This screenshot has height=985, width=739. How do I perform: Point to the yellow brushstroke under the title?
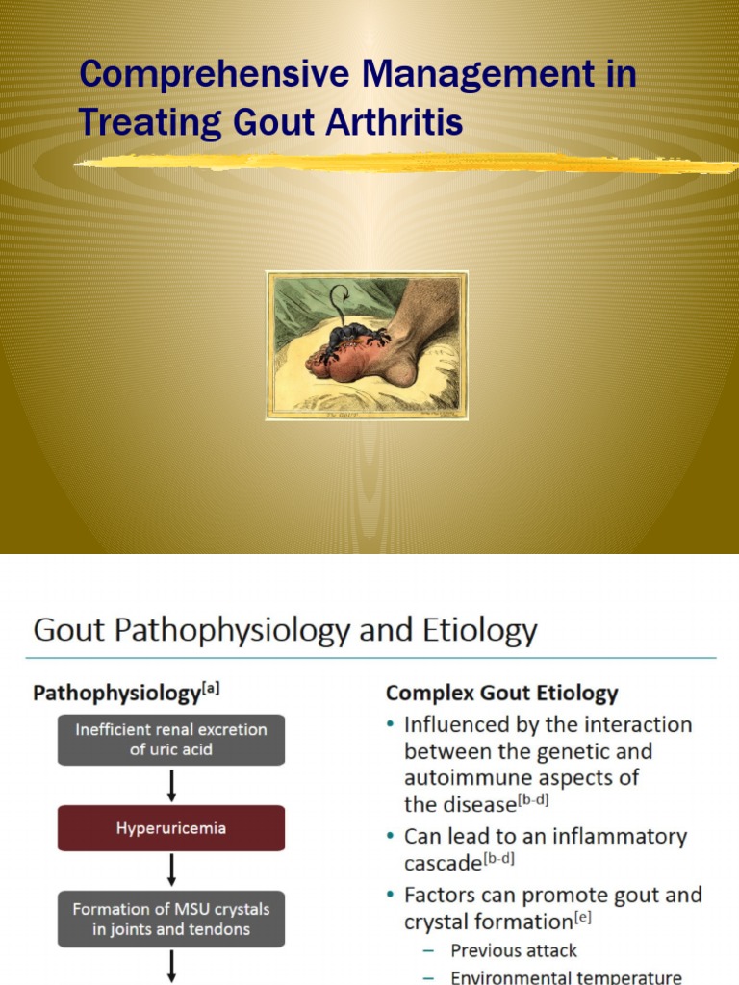point(404,164)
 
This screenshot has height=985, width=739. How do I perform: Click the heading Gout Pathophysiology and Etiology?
point(285,631)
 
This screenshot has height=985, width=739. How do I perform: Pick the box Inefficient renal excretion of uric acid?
point(171,741)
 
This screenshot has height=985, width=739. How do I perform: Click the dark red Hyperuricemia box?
point(171,828)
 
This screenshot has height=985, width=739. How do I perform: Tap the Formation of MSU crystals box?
point(171,920)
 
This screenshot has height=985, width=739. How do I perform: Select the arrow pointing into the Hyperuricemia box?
point(171,785)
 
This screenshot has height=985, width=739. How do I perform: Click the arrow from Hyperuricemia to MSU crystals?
point(171,871)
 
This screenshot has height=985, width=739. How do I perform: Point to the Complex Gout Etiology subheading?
point(501,694)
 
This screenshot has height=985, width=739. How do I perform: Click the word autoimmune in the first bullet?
point(464,777)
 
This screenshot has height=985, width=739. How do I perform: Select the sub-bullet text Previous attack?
point(514,950)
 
